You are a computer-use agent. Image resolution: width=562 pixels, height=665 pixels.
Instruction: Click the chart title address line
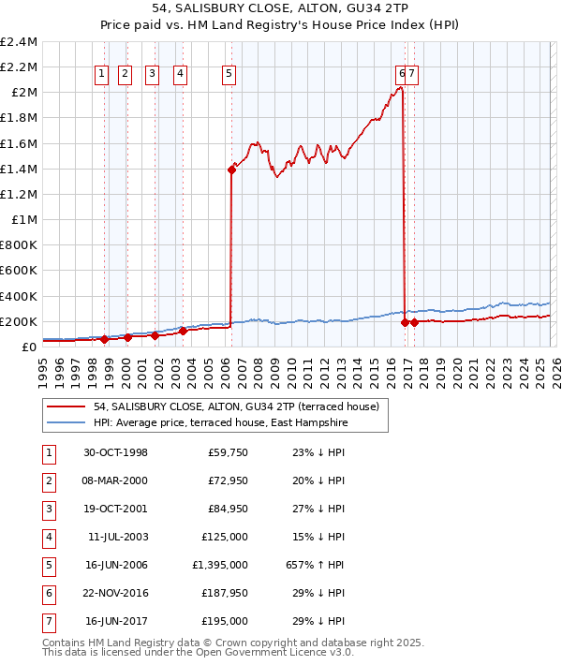[280, 7]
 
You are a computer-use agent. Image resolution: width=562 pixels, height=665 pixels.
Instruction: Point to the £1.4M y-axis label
[20, 169]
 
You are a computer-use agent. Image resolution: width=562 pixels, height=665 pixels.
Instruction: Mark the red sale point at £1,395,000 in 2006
[230, 170]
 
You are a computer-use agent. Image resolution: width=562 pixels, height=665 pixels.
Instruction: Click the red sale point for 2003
[184, 331]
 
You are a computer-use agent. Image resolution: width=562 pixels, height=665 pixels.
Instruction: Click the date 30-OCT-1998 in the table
[115, 452]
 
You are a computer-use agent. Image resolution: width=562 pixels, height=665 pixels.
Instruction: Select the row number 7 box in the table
[48, 621]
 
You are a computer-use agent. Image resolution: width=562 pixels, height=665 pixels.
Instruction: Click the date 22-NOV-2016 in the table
[115, 593]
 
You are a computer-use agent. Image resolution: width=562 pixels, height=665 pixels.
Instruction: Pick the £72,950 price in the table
[227, 480]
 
